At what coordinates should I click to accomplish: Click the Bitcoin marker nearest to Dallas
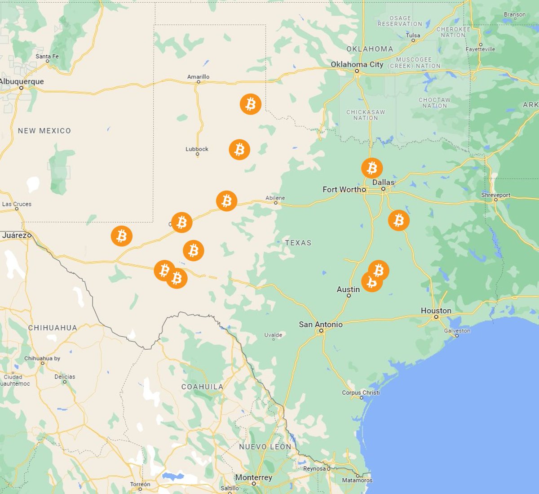(372, 168)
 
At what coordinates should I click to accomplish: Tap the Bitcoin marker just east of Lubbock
(239, 149)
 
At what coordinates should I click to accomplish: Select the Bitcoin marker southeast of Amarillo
(251, 104)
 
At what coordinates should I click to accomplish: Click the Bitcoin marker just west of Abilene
(227, 201)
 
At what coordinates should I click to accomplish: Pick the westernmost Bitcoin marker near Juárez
(122, 236)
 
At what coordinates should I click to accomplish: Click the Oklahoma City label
(357, 64)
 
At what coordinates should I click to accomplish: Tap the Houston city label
(436, 311)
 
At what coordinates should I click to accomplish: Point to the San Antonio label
(321, 324)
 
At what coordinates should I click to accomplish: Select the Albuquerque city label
(22, 81)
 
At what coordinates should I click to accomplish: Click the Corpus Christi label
(361, 392)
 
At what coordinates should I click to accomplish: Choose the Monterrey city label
(253, 477)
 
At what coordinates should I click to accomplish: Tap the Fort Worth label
(344, 189)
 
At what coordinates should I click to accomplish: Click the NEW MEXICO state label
(44, 131)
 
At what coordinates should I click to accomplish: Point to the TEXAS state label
(298, 243)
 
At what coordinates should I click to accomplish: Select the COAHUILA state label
(202, 387)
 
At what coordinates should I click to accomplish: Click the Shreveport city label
(495, 195)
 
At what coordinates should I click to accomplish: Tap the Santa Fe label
(47, 56)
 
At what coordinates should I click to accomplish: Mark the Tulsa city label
(413, 35)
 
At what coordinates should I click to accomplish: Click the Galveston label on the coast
(457, 331)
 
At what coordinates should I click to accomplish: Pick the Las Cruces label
(17, 204)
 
